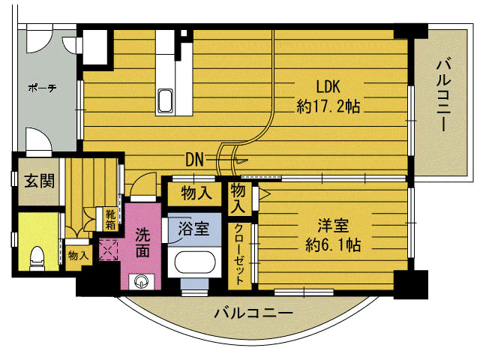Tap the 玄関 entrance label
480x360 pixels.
[x=38, y=181]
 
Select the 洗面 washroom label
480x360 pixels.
[x=142, y=243]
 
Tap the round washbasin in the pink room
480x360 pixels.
[x=142, y=281]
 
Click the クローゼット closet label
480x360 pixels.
[x=239, y=254]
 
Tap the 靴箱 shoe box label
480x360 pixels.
[x=110, y=218]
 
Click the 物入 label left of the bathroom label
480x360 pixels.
[x=196, y=193]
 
